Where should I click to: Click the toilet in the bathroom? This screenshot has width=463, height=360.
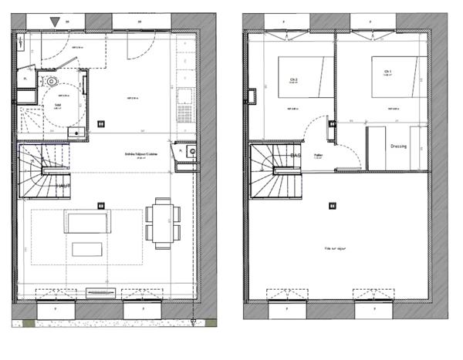[x=52, y=80]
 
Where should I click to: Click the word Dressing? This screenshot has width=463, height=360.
[x=398, y=146]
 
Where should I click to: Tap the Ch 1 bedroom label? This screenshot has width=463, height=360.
[x=387, y=72]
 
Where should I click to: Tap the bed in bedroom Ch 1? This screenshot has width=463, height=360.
[x=397, y=77]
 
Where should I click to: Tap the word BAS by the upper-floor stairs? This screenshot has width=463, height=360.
[x=295, y=156]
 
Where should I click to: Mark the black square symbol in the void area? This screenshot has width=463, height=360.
[x=332, y=206]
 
